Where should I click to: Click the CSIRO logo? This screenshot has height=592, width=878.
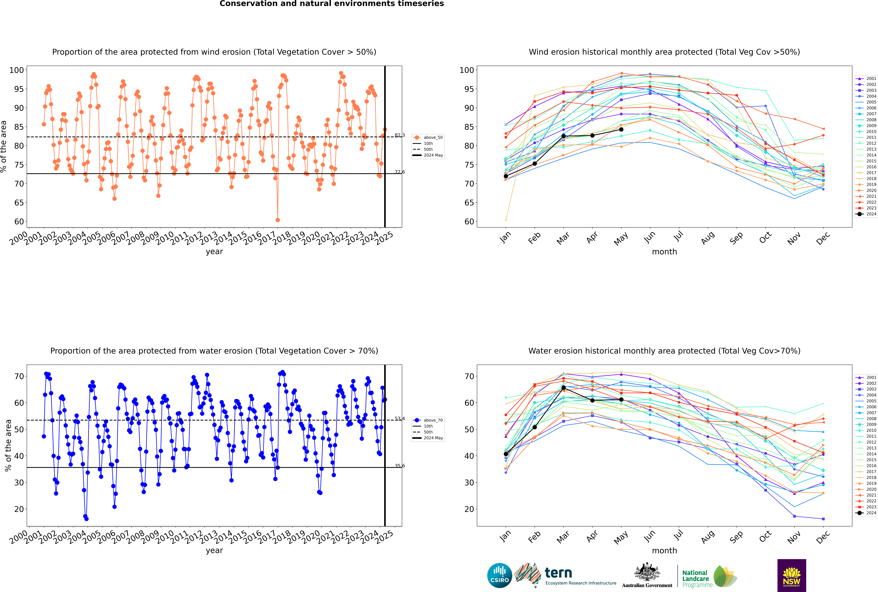(x=499, y=575)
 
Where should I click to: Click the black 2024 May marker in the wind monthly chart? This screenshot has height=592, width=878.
(x=621, y=129)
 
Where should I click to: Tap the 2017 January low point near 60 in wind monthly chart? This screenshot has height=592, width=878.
(x=506, y=220)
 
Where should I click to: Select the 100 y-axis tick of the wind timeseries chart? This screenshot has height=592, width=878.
(x=17, y=70)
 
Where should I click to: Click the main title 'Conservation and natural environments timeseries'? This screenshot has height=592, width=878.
(x=331, y=4)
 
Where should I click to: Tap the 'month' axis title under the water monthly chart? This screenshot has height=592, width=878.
(x=664, y=550)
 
